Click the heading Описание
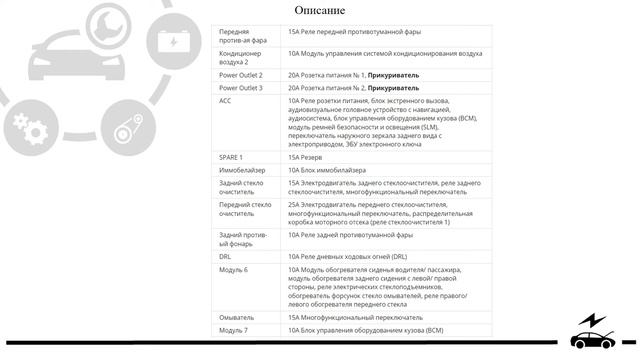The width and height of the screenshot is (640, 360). point(319,11)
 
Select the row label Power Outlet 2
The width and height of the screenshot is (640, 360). point(241,75)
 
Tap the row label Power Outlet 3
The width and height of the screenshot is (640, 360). point(241,88)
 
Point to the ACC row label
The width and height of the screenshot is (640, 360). point(226,101)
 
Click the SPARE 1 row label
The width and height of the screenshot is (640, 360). point(231,157)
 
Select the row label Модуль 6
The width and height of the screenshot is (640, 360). point(233,270)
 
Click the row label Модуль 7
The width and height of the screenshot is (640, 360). point(233,330)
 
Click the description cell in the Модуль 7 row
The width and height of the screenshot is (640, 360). point(364,330)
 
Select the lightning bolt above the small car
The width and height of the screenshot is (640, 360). point(596,319)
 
